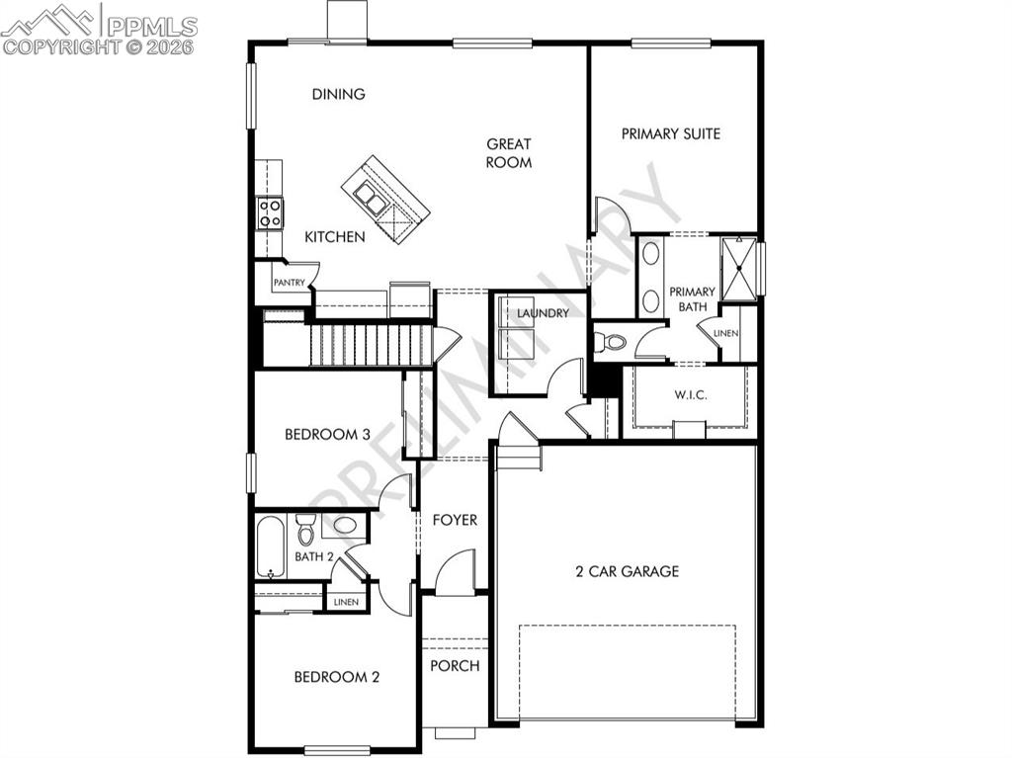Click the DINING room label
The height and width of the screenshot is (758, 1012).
339,95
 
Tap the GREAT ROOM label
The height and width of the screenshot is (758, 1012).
509,153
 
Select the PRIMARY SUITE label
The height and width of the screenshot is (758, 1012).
670,133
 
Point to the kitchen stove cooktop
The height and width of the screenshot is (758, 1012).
270,212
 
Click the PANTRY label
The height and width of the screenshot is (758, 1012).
289,283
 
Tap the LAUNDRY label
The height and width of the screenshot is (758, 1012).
543,313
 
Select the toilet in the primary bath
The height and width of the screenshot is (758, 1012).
613,343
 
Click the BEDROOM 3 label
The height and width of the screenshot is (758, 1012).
327,434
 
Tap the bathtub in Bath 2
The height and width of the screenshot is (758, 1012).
270,546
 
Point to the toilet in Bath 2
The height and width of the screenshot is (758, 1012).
305,531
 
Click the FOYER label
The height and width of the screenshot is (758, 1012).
455,520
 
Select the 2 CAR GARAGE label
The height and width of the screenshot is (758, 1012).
628,571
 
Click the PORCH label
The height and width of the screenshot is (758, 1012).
455,665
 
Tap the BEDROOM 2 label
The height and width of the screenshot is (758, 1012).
337,677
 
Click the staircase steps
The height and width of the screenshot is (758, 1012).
371,346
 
